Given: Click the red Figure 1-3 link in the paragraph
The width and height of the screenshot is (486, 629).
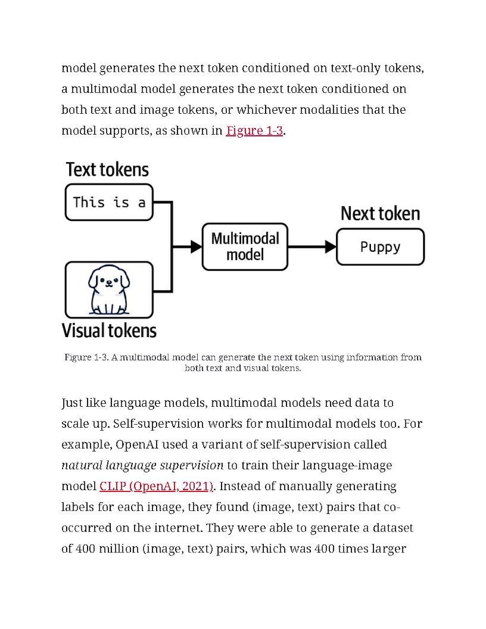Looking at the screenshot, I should pyautogui.click(x=254, y=130).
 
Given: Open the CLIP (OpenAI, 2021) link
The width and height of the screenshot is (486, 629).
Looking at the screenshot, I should pyautogui.click(x=156, y=486).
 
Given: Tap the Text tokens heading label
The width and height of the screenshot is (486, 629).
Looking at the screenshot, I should pyautogui.click(x=107, y=169).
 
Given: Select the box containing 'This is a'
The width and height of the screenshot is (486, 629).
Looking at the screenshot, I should pyautogui.click(x=109, y=202).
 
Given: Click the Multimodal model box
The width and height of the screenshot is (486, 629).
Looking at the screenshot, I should pyautogui.click(x=245, y=247).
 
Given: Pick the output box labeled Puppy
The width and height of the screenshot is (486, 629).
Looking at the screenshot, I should pyautogui.click(x=380, y=247).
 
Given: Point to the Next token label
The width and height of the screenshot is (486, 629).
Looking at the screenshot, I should pyautogui.click(x=380, y=214).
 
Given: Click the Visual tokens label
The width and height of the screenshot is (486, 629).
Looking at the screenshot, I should pyautogui.click(x=109, y=331).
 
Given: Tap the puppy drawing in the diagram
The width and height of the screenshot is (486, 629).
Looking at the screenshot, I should pyautogui.click(x=109, y=289).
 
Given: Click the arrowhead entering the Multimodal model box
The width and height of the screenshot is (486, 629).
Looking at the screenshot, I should pyautogui.click(x=196, y=247).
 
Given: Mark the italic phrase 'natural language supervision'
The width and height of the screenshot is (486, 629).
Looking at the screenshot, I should pyautogui.click(x=142, y=465).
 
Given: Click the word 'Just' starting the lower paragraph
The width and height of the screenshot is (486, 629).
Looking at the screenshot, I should pyautogui.click(x=73, y=403).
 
